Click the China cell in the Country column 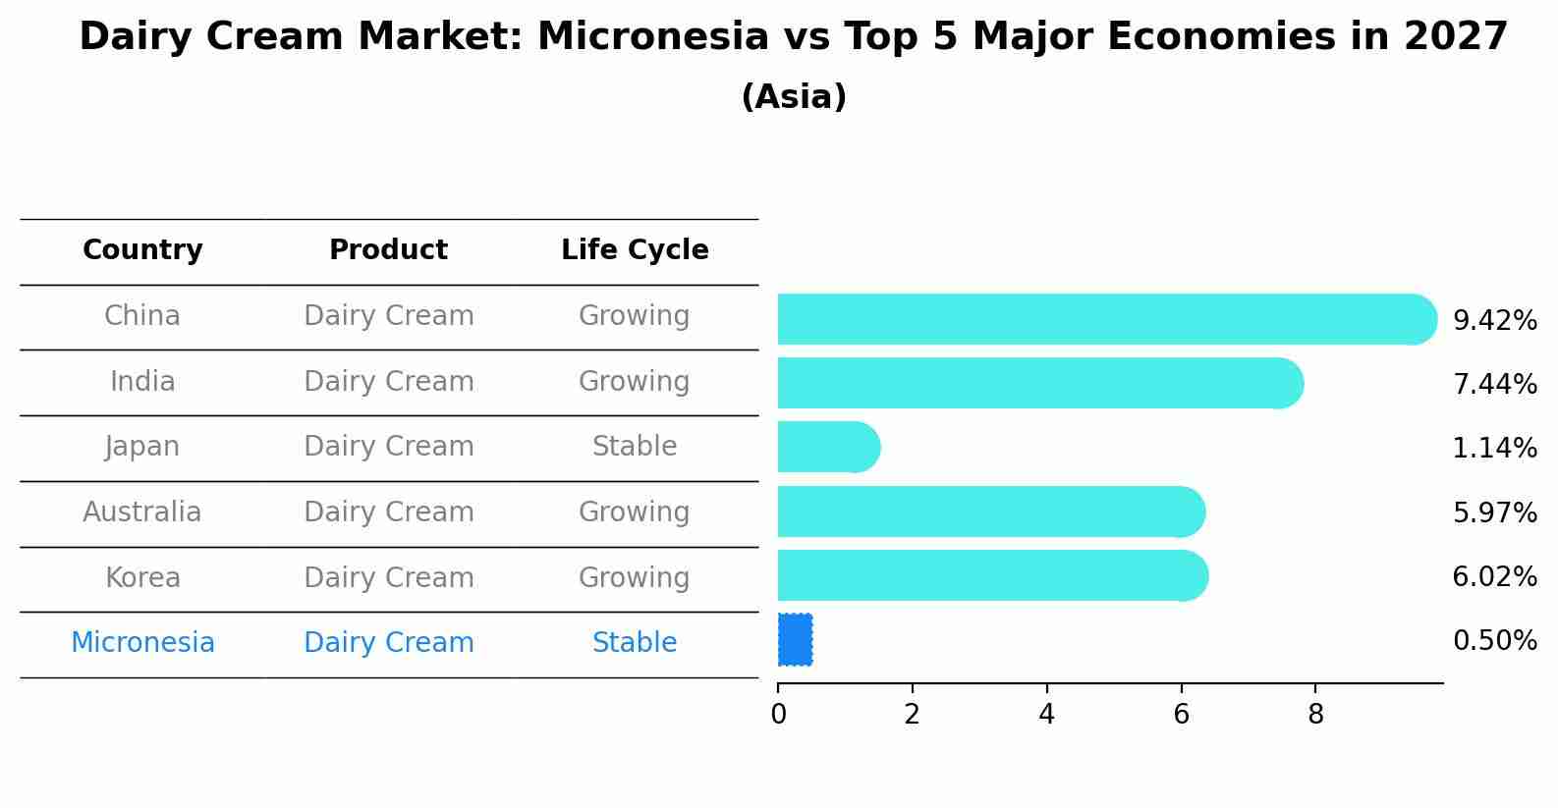tap(142, 316)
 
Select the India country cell tap(142, 382)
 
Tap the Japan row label tap(142, 447)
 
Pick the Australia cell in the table tap(142, 512)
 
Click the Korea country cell tap(142, 578)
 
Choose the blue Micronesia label tap(142, 643)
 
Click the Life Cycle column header tap(635, 250)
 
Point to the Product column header tap(388, 250)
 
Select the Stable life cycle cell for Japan tap(635, 447)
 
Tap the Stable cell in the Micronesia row tap(635, 643)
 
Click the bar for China tap(1100, 319)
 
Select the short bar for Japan tap(825, 447)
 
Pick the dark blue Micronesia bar tap(795, 639)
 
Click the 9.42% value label tap(1494, 321)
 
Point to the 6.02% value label tap(1494, 577)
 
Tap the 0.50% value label tap(1494, 641)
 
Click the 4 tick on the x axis tap(1046, 715)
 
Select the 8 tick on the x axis tap(1315, 715)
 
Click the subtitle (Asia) tap(794, 97)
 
